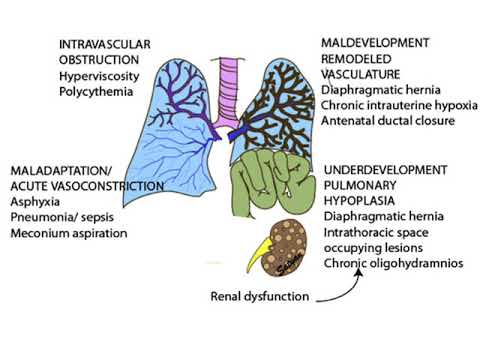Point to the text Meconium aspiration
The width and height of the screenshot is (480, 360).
pyautogui.click(x=69, y=233)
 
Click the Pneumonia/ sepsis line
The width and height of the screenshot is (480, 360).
pyautogui.click(x=64, y=217)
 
